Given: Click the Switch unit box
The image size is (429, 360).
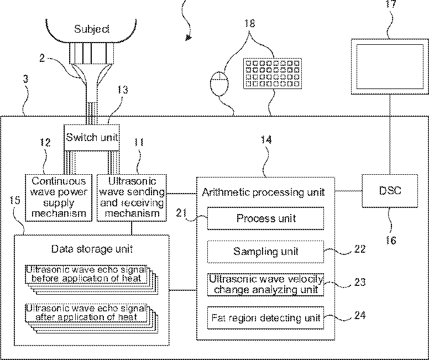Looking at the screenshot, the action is tap(92, 138).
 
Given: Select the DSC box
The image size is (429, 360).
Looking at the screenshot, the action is tap(390, 191).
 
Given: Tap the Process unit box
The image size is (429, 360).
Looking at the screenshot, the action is tap(266, 218).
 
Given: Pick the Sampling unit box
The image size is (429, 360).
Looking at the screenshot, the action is tap(266, 252).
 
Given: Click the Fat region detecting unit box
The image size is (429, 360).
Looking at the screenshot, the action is tap(266, 318).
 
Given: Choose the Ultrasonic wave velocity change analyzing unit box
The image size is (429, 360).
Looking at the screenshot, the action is tap(266, 284).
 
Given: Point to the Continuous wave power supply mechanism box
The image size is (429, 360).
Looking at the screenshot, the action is tap(58, 197).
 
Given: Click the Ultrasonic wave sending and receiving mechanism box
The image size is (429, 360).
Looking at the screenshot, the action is tap(132, 197).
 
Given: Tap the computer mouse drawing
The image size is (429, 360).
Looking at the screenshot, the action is tap(219, 84).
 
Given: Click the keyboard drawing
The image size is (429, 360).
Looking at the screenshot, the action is tap(273, 74).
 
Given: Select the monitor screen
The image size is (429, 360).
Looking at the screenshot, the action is tap(390, 66).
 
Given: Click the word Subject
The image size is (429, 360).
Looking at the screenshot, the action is tap(92, 29).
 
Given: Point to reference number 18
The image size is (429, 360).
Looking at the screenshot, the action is tap(249, 23).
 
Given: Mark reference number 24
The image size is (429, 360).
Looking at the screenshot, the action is tap(360, 315).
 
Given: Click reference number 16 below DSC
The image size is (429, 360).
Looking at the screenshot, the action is tap(391, 241).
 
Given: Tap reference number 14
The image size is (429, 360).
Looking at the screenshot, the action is tap(266, 140).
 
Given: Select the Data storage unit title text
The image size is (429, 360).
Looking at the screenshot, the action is tap(92, 249).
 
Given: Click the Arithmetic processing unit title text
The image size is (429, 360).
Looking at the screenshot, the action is tap(263, 192).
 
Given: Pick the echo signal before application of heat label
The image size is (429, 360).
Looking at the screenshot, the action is tap(86, 274).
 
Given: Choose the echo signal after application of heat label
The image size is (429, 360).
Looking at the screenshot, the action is tap(86, 312).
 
